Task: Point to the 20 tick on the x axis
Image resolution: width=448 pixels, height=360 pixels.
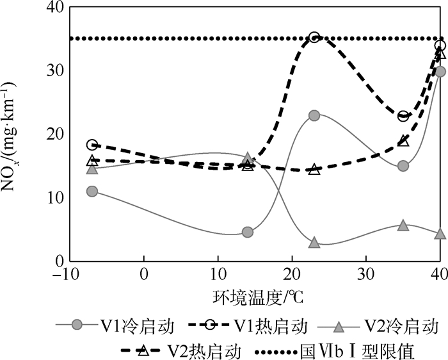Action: coord(292,275)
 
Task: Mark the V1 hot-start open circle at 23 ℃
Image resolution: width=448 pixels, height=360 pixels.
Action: coord(314,38)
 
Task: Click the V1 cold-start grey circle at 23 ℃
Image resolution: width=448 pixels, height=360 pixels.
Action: coord(314,115)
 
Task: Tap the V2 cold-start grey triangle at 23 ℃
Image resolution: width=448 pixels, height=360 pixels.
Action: coord(314,243)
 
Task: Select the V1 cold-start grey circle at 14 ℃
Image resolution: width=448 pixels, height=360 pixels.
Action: coord(248,232)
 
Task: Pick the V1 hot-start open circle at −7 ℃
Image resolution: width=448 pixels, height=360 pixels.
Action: coord(92,145)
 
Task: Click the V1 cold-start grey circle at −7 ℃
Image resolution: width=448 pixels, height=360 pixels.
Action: coord(92,191)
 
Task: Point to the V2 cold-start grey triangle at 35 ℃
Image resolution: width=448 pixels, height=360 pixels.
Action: coord(403,225)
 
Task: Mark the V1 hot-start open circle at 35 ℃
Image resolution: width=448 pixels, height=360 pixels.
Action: coord(403,116)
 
